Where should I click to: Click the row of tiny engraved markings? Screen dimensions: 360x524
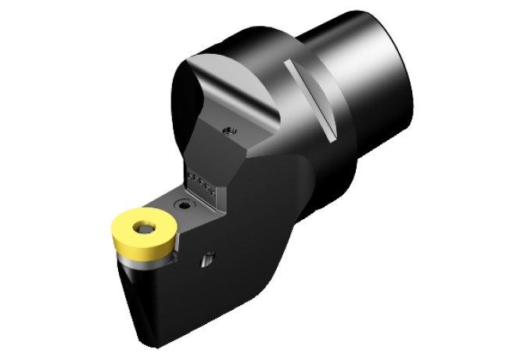pyautogui.click(x=201, y=182)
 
